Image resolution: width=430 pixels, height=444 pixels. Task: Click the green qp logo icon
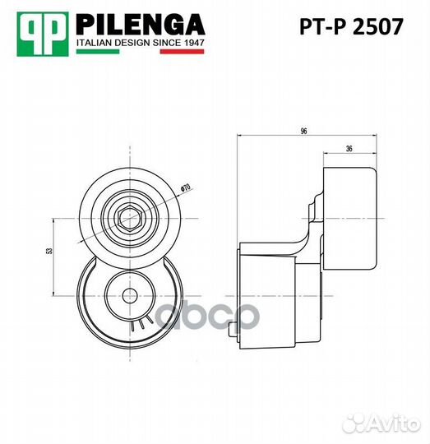(x=43, y=32)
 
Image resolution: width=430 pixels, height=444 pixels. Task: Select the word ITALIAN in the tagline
(x=94, y=42)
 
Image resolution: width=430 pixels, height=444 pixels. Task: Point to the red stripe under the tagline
(x=182, y=52)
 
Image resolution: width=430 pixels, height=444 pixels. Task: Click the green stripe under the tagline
(x=98, y=52)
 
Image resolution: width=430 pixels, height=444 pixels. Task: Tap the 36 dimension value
(x=349, y=148)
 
